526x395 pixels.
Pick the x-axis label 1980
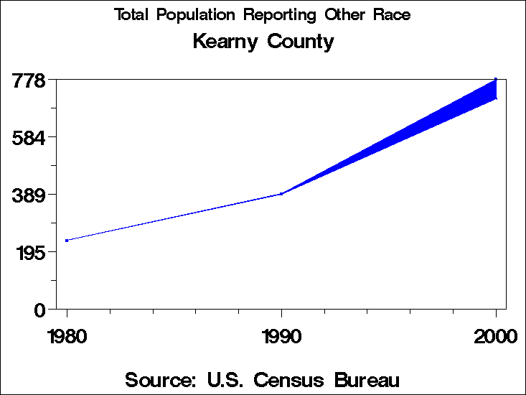tap(67, 336)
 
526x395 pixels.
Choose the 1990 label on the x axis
tap(281, 336)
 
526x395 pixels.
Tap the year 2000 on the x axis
tap(495, 336)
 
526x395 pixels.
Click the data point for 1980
tap(67, 241)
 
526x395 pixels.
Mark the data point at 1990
tap(281, 194)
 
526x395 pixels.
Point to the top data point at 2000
tap(496, 79)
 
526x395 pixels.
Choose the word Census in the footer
tap(292, 379)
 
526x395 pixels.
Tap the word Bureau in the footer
tap(365, 379)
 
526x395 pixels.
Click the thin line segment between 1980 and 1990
tap(174, 217)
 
